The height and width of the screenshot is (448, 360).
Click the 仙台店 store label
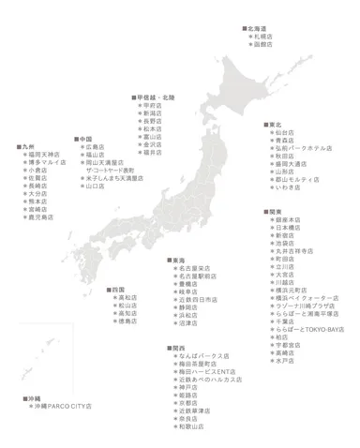pyautogui.click(x=282, y=132)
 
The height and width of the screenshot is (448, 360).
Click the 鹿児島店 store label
pyautogui.click(x=40, y=217)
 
